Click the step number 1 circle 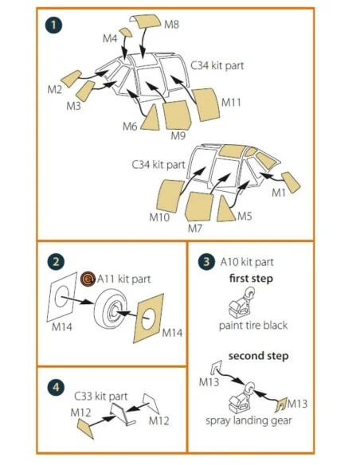pos(53,25)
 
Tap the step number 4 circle pos(56,388)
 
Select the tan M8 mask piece pos(145,21)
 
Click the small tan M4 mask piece pos(126,32)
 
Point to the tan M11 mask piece pos(206,104)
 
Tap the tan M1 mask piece pos(291,182)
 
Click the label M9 pos(178,136)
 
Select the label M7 pos(195,229)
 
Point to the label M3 pos(73,106)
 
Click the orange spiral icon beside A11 pos(88,279)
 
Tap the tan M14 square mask pos(149,318)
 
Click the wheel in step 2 pos(111,310)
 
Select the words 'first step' pos(251,279)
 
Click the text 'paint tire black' pos(253,326)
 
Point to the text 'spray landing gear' pos(248,420)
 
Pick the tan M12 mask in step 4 pos(85,428)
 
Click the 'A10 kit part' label pos(247,262)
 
